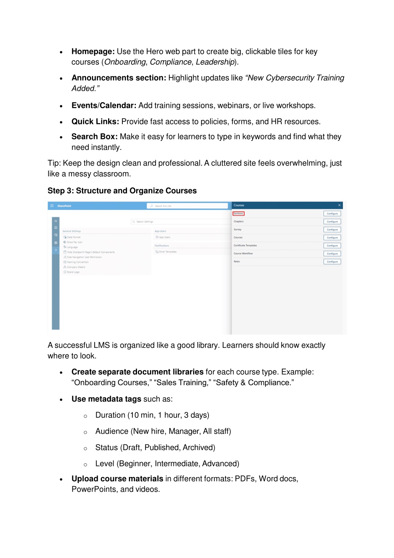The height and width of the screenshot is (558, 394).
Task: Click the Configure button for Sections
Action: [332, 214]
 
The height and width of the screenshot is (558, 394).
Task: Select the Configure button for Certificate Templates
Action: [332, 246]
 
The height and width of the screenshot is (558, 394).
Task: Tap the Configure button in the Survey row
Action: [332, 230]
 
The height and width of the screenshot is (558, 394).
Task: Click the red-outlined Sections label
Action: [239, 214]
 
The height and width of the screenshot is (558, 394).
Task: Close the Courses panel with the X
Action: [339, 205]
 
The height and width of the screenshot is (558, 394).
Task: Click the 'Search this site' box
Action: [187, 206]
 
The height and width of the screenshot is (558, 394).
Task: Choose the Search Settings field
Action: [181, 222]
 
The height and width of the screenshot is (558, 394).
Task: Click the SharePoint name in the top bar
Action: [64, 206]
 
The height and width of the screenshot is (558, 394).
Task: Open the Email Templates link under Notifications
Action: [168, 252]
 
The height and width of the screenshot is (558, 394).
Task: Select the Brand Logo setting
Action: [73, 272]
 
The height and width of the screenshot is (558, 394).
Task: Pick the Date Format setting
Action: [74, 237]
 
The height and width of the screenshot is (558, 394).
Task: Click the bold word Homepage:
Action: [93, 52]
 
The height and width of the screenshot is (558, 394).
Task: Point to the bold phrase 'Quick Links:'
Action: [95, 122]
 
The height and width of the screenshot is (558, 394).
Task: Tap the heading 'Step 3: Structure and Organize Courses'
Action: [122, 191]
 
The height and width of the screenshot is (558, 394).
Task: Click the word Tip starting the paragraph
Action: [54, 163]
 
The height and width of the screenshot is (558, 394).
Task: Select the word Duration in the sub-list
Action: [110, 415]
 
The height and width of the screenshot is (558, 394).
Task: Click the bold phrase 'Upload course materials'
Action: [117, 479]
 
